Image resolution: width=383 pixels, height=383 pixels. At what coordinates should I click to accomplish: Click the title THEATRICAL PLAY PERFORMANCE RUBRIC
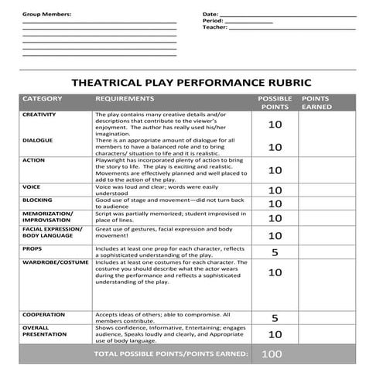tap(191, 81)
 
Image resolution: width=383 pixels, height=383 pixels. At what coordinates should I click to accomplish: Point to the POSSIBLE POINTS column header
tap(274, 103)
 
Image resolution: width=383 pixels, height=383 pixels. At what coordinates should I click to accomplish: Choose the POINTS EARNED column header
tap(316, 103)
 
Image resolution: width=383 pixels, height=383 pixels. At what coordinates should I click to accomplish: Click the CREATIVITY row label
tap(39, 115)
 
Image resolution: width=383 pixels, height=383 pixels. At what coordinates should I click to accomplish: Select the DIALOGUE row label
tap(38, 140)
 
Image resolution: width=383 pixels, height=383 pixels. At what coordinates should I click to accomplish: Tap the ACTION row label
tap(33, 160)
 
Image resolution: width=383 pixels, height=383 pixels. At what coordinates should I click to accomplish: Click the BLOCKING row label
tap(37, 200)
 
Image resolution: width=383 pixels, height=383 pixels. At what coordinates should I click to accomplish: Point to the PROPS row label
tap(32, 249)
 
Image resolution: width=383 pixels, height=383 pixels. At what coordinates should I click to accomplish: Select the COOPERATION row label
tap(43, 315)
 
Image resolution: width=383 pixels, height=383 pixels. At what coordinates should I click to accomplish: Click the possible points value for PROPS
tap(275, 253)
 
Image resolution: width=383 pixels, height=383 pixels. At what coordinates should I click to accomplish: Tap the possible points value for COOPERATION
tap(275, 318)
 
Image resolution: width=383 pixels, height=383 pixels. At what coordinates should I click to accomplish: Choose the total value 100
tap(272, 354)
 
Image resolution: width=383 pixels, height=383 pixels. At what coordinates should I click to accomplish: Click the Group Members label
tap(46, 15)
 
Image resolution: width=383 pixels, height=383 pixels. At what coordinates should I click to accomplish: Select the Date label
tap(210, 14)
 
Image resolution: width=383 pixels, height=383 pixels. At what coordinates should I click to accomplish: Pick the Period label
tap(213, 21)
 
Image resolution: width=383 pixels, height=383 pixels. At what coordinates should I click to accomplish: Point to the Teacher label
tap(214, 27)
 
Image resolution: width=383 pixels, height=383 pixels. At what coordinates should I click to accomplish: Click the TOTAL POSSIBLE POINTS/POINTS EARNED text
tap(171, 354)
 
